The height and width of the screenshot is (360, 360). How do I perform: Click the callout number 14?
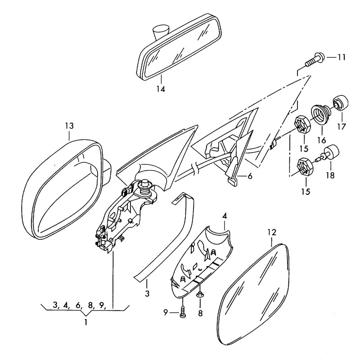click(161, 89)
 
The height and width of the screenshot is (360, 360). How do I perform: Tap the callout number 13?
click(69, 125)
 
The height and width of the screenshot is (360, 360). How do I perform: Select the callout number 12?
click(271, 233)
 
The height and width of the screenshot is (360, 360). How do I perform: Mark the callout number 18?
click(330, 175)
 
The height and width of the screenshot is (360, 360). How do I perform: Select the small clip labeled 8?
click(200, 295)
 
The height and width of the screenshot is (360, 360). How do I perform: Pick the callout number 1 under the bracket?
click(86, 322)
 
